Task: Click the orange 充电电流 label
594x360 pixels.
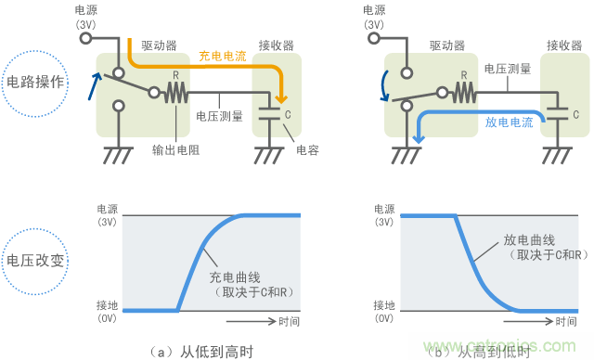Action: (221, 56)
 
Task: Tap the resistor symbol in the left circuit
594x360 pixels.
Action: (176, 93)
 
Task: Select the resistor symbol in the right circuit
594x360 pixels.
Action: (464, 93)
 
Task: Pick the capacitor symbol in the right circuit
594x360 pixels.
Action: (558, 113)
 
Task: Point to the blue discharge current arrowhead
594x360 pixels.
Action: (420, 138)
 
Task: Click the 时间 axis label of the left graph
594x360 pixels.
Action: (289, 322)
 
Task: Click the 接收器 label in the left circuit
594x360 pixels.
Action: (276, 45)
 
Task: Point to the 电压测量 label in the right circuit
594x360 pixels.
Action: (508, 69)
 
